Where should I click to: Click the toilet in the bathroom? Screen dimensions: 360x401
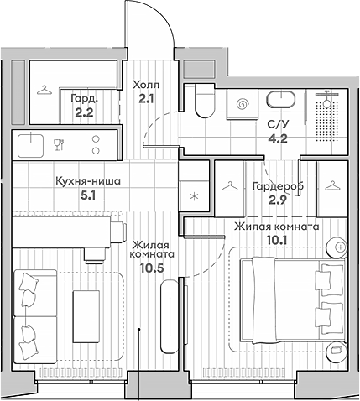(x=205, y=101)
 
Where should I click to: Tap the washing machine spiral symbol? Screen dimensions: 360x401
(x=243, y=105)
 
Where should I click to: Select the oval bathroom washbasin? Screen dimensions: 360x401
(x=280, y=100)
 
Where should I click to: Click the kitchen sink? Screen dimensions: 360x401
(x=30, y=145)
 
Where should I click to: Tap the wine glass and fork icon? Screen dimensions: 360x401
(x=59, y=144)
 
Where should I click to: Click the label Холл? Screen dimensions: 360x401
(x=146, y=85)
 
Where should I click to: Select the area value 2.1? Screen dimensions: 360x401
(x=146, y=98)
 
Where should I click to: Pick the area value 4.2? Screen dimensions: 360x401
(x=277, y=138)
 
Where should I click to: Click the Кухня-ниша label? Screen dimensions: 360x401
(x=88, y=181)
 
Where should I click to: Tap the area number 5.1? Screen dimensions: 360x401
(x=88, y=195)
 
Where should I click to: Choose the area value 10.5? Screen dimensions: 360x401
(x=152, y=268)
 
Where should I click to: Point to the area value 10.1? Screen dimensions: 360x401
(x=276, y=240)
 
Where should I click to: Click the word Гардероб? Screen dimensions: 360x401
(x=278, y=186)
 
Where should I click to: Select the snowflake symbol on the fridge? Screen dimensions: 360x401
(x=194, y=196)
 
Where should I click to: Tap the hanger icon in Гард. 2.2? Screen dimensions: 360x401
(x=44, y=90)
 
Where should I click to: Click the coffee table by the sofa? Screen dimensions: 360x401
(x=86, y=316)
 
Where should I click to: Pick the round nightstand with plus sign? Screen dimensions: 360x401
(x=337, y=247)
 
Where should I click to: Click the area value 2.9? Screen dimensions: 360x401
(x=277, y=200)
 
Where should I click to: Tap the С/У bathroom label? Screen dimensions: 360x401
(x=278, y=124)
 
